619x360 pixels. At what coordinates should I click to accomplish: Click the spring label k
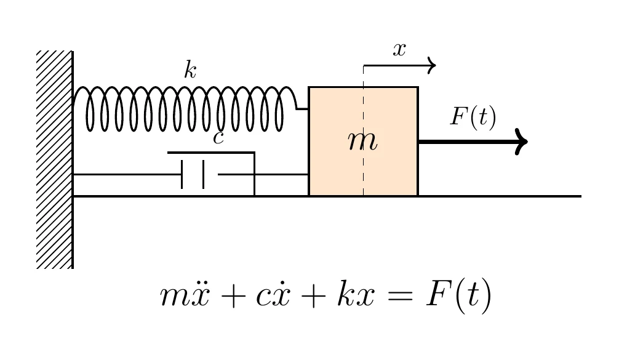[x=190, y=71]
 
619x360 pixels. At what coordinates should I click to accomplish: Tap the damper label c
[x=218, y=138]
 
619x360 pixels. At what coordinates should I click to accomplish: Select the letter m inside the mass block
[x=362, y=142]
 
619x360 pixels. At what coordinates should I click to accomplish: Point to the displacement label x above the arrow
[x=400, y=50]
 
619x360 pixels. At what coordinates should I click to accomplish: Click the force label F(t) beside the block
[x=473, y=116]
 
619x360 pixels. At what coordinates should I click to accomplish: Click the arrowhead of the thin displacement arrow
[x=432, y=65]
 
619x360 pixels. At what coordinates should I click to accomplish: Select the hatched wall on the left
[x=54, y=159]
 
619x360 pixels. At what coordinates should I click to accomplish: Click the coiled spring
[x=185, y=109]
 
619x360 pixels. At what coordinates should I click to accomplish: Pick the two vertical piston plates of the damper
[x=193, y=174]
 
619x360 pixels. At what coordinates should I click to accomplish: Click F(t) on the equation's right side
[x=458, y=297]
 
